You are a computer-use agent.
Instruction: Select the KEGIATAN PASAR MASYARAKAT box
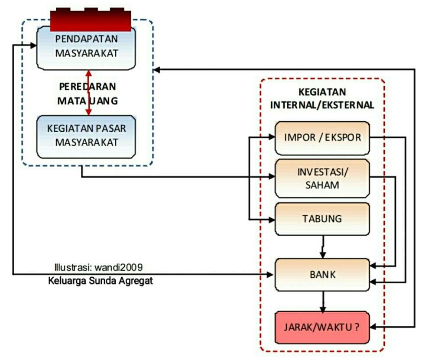(x=87, y=136)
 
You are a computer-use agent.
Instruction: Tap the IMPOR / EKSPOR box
(x=322, y=138)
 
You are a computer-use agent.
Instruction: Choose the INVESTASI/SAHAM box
(x=322, y=178)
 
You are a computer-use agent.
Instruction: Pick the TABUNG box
(x=322, y=219)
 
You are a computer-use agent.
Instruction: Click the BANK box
(x=322, y=274)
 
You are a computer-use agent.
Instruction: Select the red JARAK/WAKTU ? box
(x=322, y=327)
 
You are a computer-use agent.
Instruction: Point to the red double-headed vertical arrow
(x=89, y=93)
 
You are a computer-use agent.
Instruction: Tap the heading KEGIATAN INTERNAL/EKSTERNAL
(x=322, y=99)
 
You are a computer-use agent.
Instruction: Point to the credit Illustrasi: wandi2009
(x=98, y=266)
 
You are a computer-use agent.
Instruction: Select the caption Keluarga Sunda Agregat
(x=101, y=281)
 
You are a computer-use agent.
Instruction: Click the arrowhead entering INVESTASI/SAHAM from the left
(x=272, y=177)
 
